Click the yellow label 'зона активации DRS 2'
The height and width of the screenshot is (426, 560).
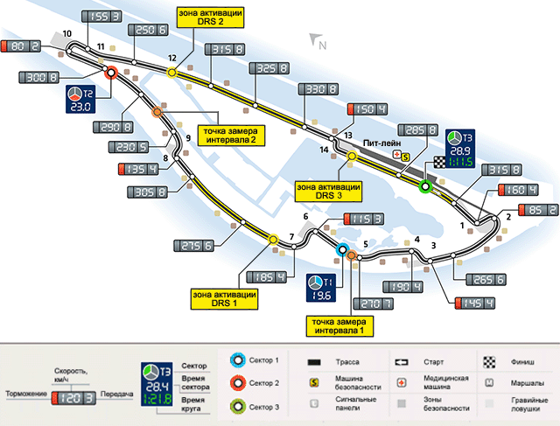[209, 18]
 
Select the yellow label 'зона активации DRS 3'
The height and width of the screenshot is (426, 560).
[329, 192]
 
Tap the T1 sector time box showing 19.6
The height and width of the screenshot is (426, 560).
[318, 288]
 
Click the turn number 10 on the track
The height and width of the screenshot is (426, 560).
[67, 34]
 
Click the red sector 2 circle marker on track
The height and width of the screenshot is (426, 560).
[111, 74]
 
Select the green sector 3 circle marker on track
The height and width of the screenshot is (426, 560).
[425, 187]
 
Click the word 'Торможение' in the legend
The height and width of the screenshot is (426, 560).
[26, 395]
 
